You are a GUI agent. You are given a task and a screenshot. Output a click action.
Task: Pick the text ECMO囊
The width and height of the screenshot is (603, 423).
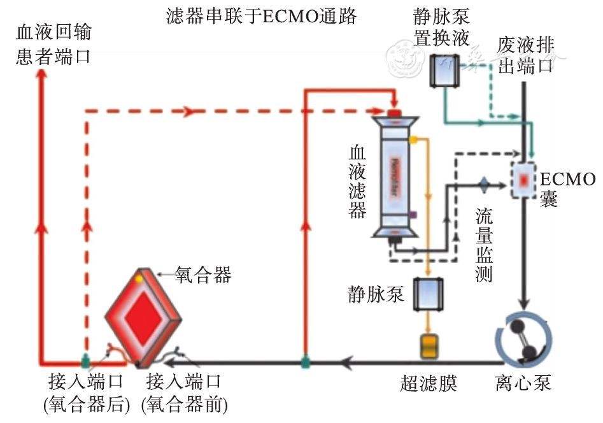click(x=567, y=189)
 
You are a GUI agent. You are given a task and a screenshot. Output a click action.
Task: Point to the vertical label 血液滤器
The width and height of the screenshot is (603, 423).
click(x=357, y=182)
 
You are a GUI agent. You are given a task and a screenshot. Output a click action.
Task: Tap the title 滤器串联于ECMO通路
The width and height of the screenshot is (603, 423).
click(x=260, y=16)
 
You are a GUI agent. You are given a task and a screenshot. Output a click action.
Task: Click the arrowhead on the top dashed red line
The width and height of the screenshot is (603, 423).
click(x=188, y=112)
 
